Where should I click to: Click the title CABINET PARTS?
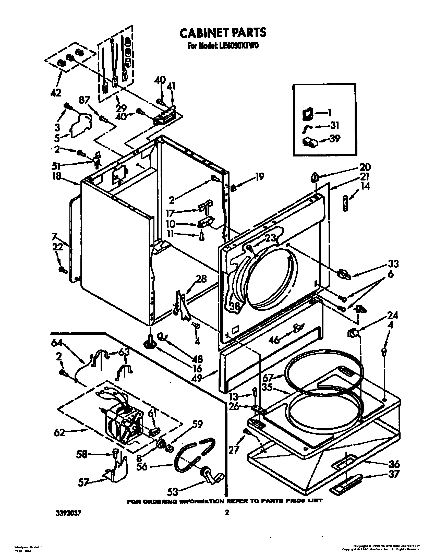(223, 33)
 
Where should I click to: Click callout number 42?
(56, 93)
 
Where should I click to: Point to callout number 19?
(260, 177)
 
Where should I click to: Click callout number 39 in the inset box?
(335, 139)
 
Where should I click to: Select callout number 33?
(393, 264)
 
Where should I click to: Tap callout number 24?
(392, 316)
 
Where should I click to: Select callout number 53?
(173, 492)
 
